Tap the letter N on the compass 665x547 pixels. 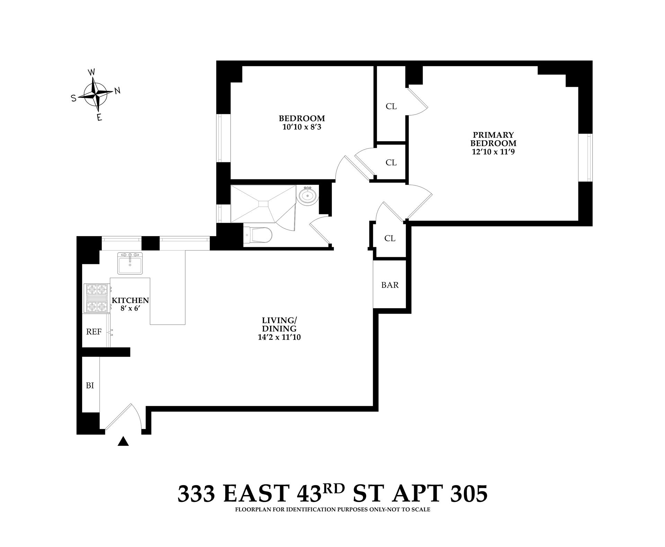tap(117, 91)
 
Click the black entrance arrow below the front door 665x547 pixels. tap(123, 442)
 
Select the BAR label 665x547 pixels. tap(390, 285)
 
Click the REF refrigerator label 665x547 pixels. tap(94, 332)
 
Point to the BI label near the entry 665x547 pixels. tap(90, 385)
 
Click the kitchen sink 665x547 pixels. tap(130, 263)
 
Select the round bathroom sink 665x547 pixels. tap(308, 196)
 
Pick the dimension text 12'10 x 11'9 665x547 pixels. tap(493, 152)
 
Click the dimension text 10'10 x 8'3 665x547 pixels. tap(302, 127)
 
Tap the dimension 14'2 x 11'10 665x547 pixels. tap(279, 337)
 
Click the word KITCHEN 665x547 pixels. tap(130, 301)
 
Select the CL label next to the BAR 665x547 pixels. tap(390, 238)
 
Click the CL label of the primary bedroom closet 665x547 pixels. tap(391, 106)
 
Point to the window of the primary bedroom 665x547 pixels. tap(586, 158)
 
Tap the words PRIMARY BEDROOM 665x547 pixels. tap(493, 139)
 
